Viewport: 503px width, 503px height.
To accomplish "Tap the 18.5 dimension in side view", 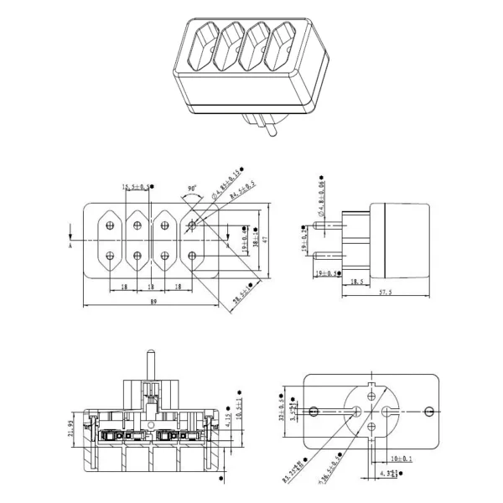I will point(356,283).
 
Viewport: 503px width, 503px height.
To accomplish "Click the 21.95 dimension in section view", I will point(70,428).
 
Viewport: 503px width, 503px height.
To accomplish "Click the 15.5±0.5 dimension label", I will point(136,187).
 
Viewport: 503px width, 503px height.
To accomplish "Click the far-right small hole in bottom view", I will point(430,411).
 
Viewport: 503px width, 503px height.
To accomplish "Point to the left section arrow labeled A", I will point(71,237).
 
